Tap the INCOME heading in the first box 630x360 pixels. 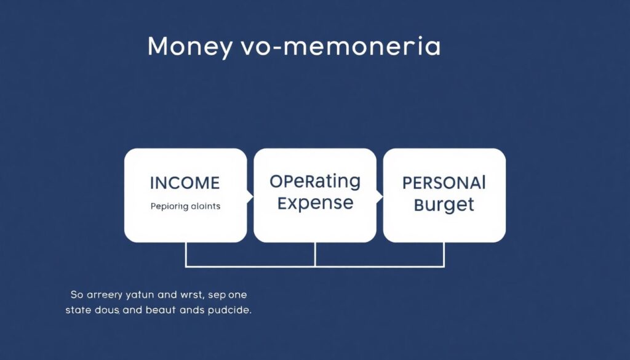[x=185, y=183]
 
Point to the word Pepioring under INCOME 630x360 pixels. [x=169, y=207]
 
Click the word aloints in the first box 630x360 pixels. [x=205, y=207]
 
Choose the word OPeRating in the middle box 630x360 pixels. [x=315, y=182]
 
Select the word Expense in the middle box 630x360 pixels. [x=315, y=203]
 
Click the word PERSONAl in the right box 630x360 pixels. [x=444, y=183]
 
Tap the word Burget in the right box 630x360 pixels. [x=444, y=204]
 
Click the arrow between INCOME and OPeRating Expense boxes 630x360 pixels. [x=250, y=196]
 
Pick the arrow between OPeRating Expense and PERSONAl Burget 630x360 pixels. [x=380, y=196]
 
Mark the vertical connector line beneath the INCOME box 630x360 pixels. [x=186, y=254]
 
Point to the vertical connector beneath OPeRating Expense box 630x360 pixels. [x=315, y=254]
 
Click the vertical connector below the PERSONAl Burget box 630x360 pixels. [x=444, y=254]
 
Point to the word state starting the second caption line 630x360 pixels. [x=78, y=310]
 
